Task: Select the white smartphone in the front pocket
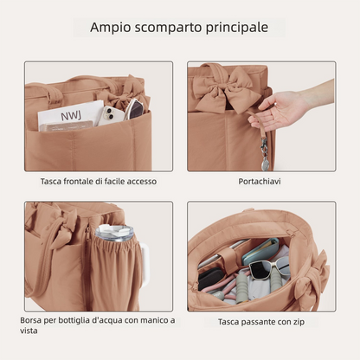click(x=111, y=116)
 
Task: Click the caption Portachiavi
click(x=260, y=182)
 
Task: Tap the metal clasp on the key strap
click(x=264, y=145)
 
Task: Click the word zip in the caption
click(x=299, y=322)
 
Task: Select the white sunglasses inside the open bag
click(x=266, y=267)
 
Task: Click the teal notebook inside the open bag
click(x=260, y=250)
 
